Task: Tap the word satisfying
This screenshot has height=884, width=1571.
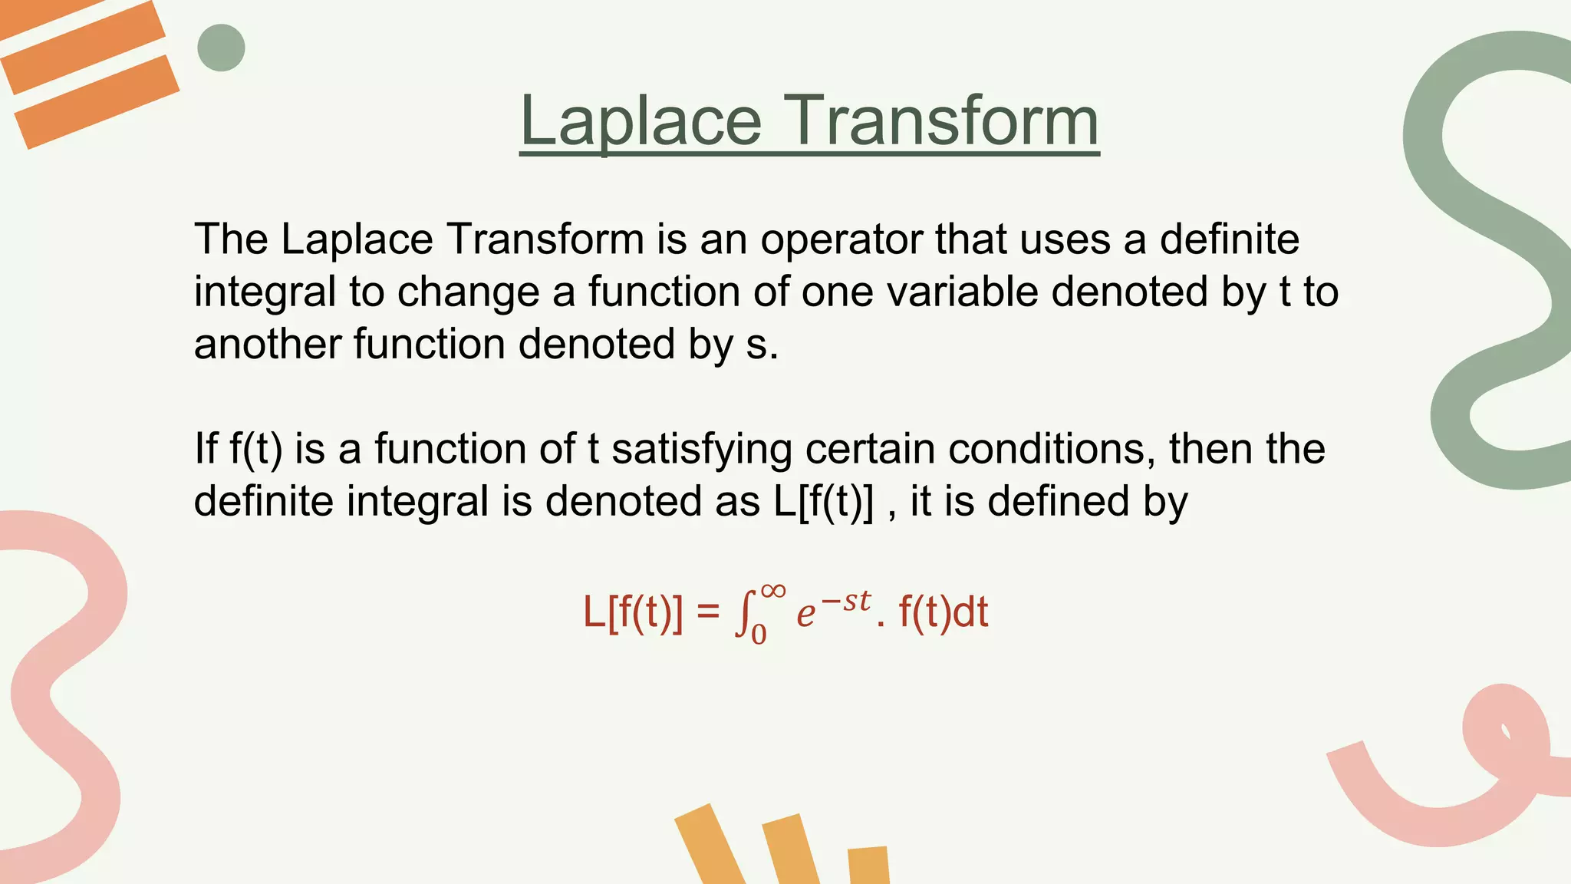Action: (701, 450)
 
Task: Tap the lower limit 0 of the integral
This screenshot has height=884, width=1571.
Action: (758, 635)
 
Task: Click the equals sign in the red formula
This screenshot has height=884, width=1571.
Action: (708, 613)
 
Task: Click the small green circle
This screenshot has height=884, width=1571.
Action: (221, 48)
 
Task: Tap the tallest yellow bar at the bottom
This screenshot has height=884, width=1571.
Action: (710, 844)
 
